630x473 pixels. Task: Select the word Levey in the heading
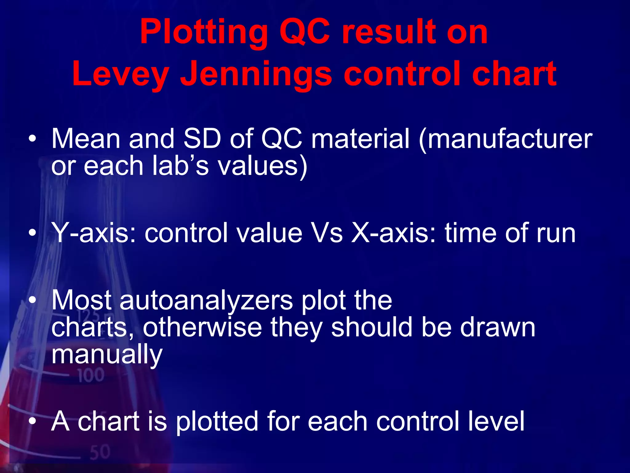[120, 74]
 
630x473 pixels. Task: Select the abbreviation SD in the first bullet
[202, 139]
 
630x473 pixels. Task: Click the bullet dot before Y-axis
[32, 233]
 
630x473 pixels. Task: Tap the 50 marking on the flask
[100, 452]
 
